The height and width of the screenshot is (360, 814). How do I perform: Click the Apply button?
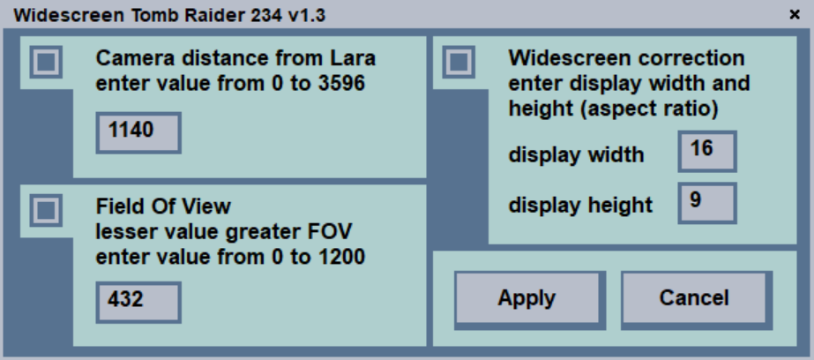(526, 298)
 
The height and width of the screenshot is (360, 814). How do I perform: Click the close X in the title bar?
(794, 15)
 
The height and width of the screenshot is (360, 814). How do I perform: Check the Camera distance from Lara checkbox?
(45, 62)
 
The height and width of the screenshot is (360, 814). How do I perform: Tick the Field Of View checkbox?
(45, 210)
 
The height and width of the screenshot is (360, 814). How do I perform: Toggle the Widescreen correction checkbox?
(458, 62)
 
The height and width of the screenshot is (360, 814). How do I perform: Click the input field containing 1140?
(138, 132)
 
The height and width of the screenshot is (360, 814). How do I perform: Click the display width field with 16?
(707, 151)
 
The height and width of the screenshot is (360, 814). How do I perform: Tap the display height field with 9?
(707, 202)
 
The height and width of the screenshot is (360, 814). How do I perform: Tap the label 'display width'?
(576, 155)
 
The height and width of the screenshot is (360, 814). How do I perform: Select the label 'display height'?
(580, 206)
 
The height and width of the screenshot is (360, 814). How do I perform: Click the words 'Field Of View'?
(163, 206)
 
